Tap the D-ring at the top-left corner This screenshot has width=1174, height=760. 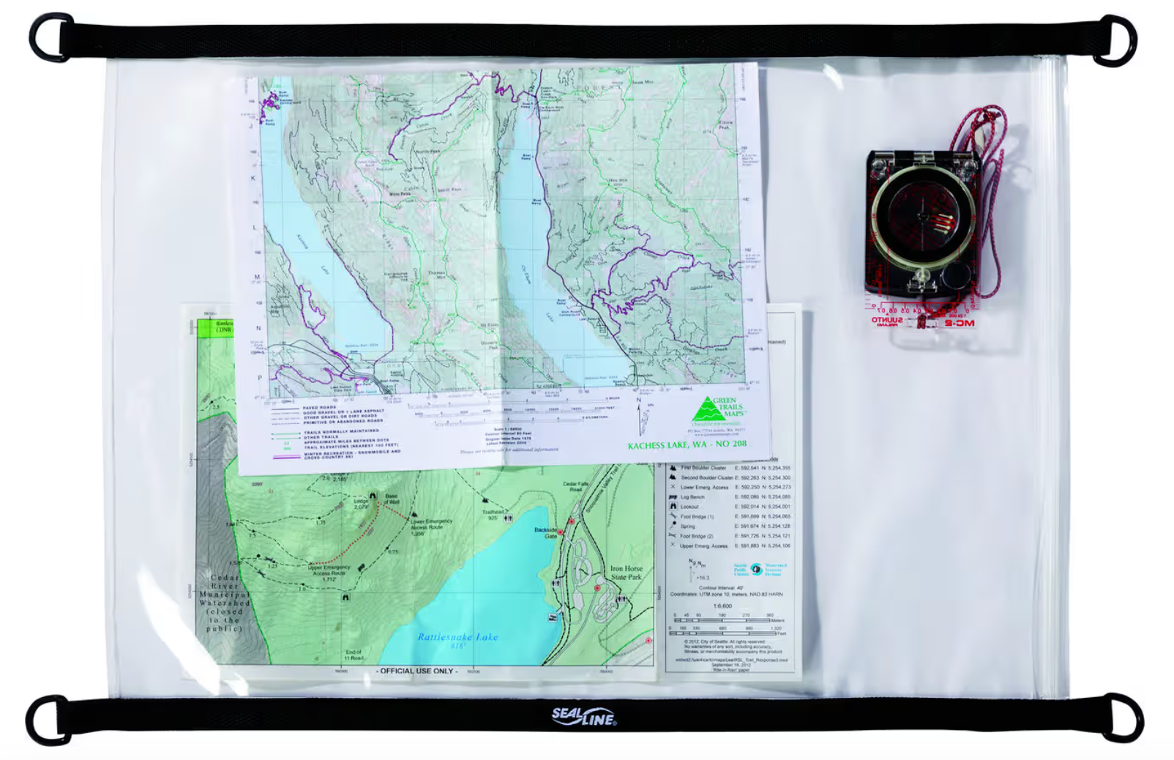(51, 37)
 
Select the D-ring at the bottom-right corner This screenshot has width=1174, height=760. (1119, 718)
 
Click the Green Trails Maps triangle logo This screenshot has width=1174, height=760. (708, 410)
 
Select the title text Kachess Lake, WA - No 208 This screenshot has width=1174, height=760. (687, 444)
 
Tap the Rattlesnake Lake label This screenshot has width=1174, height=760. (457, 637)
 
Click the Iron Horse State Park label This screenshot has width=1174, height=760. (626, 573)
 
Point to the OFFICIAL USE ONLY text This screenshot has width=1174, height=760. (417, 671)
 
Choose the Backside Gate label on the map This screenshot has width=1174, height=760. (545, 532)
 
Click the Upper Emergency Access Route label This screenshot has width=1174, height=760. (329, 570)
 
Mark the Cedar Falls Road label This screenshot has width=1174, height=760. (576, 486)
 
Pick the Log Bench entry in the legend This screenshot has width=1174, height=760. (692, 497)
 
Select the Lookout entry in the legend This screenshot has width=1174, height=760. (689, 507)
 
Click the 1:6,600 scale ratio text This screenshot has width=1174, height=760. (723, 606)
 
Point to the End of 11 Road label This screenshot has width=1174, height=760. (354, 655)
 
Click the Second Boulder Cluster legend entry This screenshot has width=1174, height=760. (706, 477)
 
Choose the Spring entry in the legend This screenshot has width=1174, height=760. (688, 526)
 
